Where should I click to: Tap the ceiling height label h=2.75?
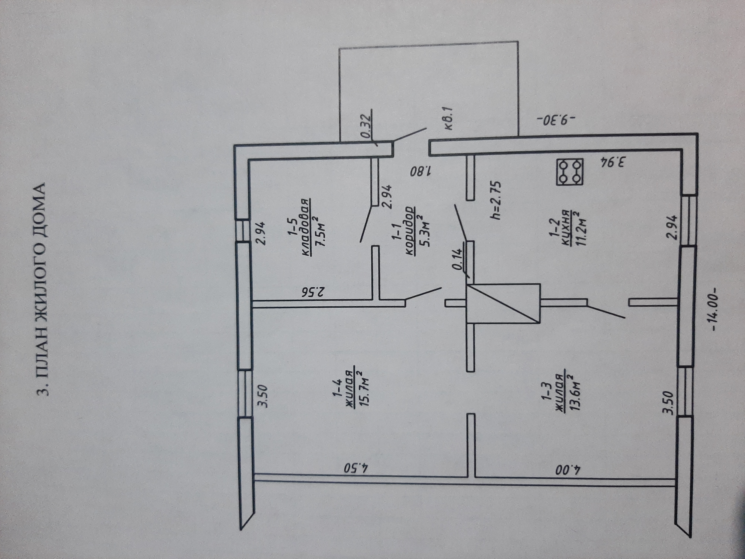point(496,201)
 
